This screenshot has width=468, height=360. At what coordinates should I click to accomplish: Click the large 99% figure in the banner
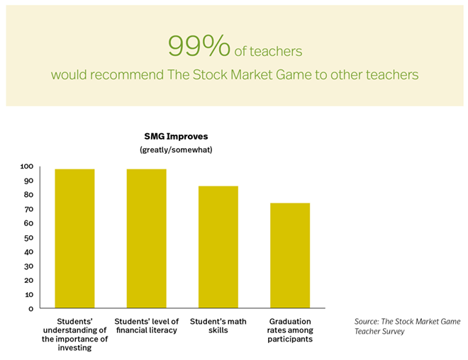(x=199, y=45)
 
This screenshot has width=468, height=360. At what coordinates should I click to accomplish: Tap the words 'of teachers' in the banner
(x=268, y=51)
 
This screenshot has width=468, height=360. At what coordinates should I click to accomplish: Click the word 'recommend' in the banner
(x=127, y=74)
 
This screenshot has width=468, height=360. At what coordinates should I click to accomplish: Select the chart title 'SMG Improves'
(x=176, y=136)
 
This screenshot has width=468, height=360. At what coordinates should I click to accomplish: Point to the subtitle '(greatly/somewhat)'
(x=176, y=150)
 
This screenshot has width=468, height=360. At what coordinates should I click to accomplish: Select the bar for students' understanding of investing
(x=74, y=239)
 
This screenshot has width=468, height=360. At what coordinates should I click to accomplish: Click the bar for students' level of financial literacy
(x=147, y=239)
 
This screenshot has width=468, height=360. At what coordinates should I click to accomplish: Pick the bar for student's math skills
(x=218, y=247)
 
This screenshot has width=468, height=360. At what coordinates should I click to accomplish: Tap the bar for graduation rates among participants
(x=290, y=256)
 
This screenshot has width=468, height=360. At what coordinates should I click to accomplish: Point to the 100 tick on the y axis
(x=27, y=167)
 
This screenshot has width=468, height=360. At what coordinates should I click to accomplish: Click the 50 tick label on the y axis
(x=28, y=237)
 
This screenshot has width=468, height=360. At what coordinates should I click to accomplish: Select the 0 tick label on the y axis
(x=31, y=309)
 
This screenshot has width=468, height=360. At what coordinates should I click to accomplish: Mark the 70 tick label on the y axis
(x=28, y=209)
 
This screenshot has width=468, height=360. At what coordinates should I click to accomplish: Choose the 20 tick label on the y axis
(x=28, y=281)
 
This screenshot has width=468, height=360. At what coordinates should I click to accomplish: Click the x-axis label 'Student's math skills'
(x=218, y=326)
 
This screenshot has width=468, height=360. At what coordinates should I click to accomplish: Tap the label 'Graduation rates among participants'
(x=290, y=330)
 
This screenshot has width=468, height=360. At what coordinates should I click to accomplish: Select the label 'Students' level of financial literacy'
(x=147, y=326)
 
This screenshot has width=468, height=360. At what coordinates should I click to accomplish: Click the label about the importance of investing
(x=74, y=334)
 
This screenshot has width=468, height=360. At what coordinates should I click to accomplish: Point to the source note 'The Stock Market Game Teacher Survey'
(x=408, y=326)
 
